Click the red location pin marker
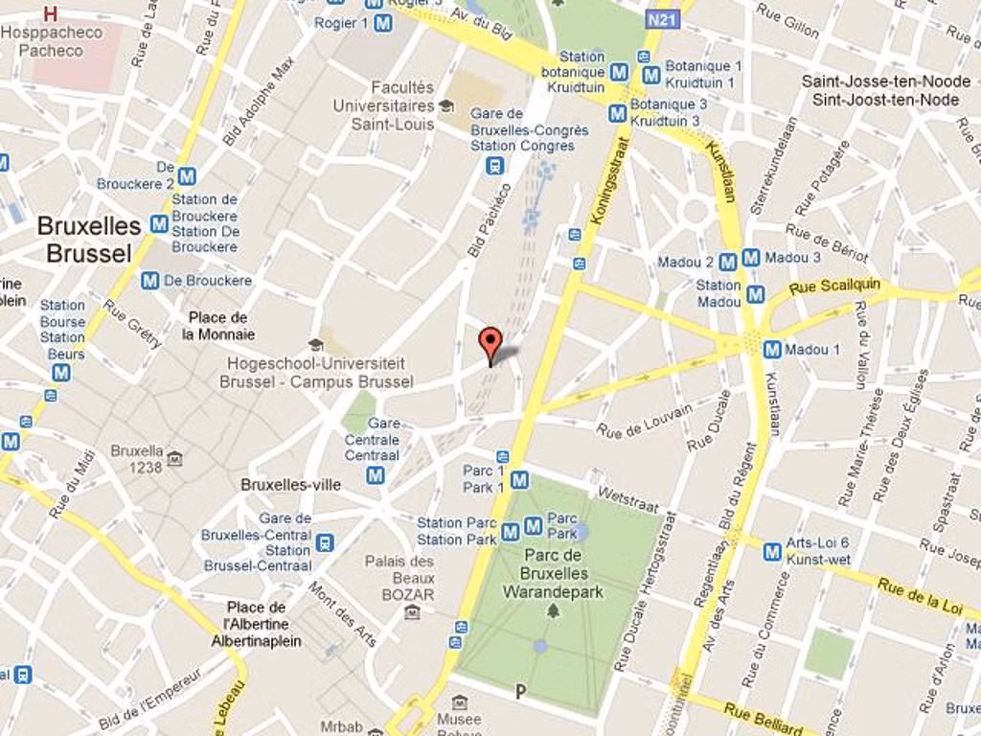tap(490, 342)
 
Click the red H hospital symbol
tap(51, 13)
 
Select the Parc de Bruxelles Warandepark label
tap(553, 573)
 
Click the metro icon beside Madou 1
tap(772, 350)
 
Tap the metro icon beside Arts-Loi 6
tap(772, 551)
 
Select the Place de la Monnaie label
tap(218, 326)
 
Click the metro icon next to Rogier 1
tap(383, 23)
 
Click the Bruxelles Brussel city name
tap(88, 240)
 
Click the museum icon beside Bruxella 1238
tap(174, 459)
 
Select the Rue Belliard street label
tap(764, 717)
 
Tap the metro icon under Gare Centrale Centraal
tap(376, 475)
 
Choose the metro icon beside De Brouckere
tap(149, 281)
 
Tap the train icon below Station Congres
tap(494, 166)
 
